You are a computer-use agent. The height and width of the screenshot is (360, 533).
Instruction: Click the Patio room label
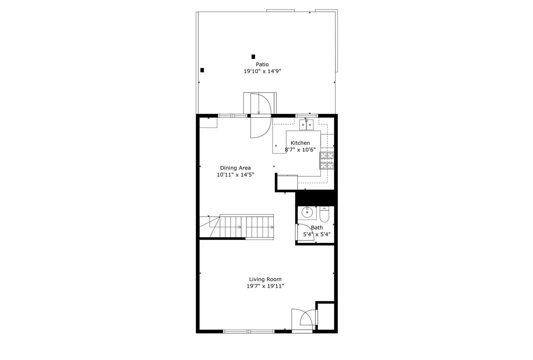[262, 64]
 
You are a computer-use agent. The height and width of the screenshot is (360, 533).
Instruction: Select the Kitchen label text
[300, 143]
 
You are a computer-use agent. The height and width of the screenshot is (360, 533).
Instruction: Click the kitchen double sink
[306, 125]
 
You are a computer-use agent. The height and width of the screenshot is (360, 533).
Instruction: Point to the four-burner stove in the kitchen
[327, 161]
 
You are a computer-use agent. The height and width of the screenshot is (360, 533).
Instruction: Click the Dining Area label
[235, 168]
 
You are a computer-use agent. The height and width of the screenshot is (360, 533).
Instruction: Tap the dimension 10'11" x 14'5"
[235, 175]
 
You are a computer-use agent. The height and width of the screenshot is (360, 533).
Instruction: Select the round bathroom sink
[306, 212]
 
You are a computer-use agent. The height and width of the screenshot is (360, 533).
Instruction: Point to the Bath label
[317, 228]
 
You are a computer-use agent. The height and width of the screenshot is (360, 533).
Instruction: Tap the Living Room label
[265, 279]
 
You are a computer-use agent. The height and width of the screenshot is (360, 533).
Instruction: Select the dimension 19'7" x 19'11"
[265, 286]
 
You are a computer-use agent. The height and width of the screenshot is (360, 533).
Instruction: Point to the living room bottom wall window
[249, 331]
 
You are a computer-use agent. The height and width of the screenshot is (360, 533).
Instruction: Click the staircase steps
[247, 227]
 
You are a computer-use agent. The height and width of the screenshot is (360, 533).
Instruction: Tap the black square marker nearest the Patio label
[254, 57]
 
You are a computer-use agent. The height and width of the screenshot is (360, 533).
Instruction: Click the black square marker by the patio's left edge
[202, 70]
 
